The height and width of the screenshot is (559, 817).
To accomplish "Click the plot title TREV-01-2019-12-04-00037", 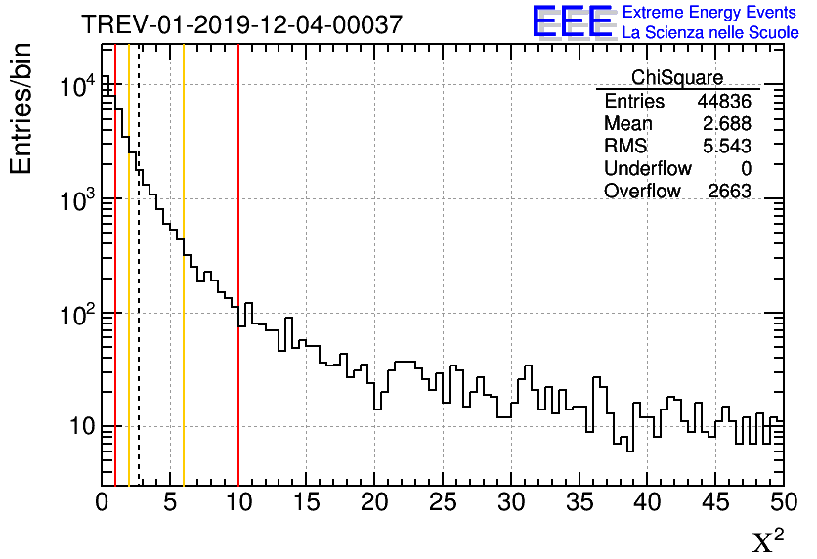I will point(241,25).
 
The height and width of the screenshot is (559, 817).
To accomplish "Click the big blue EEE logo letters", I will point(573,21).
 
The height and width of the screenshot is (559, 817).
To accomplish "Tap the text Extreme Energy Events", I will point(709,13).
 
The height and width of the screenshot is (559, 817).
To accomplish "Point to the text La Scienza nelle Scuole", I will point(709,33).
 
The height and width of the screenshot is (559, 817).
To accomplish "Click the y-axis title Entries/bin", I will point(21,107).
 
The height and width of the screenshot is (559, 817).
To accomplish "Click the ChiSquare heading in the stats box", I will point(677,78).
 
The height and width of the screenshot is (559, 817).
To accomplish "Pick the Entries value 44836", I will point(724,102).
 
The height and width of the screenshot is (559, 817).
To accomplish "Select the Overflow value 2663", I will point(729,192).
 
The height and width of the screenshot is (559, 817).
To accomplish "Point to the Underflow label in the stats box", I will point(647,169).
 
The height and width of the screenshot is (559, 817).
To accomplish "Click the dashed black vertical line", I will point(139,293).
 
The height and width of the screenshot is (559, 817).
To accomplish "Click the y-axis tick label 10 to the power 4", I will point(76,87).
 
